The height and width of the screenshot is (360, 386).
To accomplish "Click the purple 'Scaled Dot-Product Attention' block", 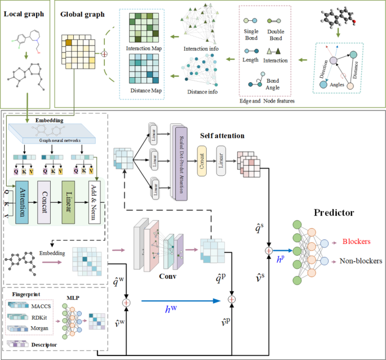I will [x=181, y=161].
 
